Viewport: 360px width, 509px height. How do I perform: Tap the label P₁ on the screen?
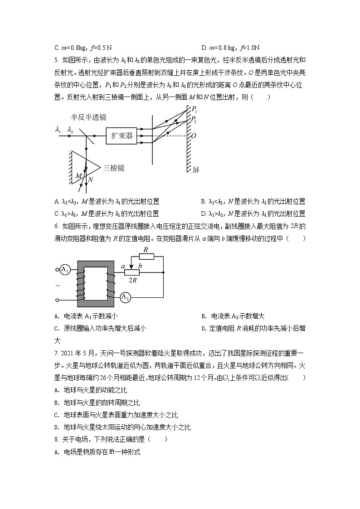tap(194, 110)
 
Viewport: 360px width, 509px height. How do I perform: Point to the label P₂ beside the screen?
tap(194, 120)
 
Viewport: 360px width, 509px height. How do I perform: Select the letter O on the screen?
tap(194, 136)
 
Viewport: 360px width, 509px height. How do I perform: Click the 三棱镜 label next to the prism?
tap(113, 168)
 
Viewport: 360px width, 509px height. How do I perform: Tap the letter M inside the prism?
tap(79, 175)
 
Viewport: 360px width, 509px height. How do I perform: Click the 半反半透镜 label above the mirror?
tap(88, 117)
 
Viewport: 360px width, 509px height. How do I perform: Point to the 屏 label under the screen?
tap(195, 170)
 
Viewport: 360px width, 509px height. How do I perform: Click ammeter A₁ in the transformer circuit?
tap(64, 270)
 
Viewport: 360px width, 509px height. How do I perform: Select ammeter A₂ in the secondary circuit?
tap(125, 297)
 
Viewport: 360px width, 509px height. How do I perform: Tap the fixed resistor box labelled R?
tap(146, 256)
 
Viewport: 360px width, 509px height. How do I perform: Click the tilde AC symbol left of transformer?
tap(57, 286)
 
